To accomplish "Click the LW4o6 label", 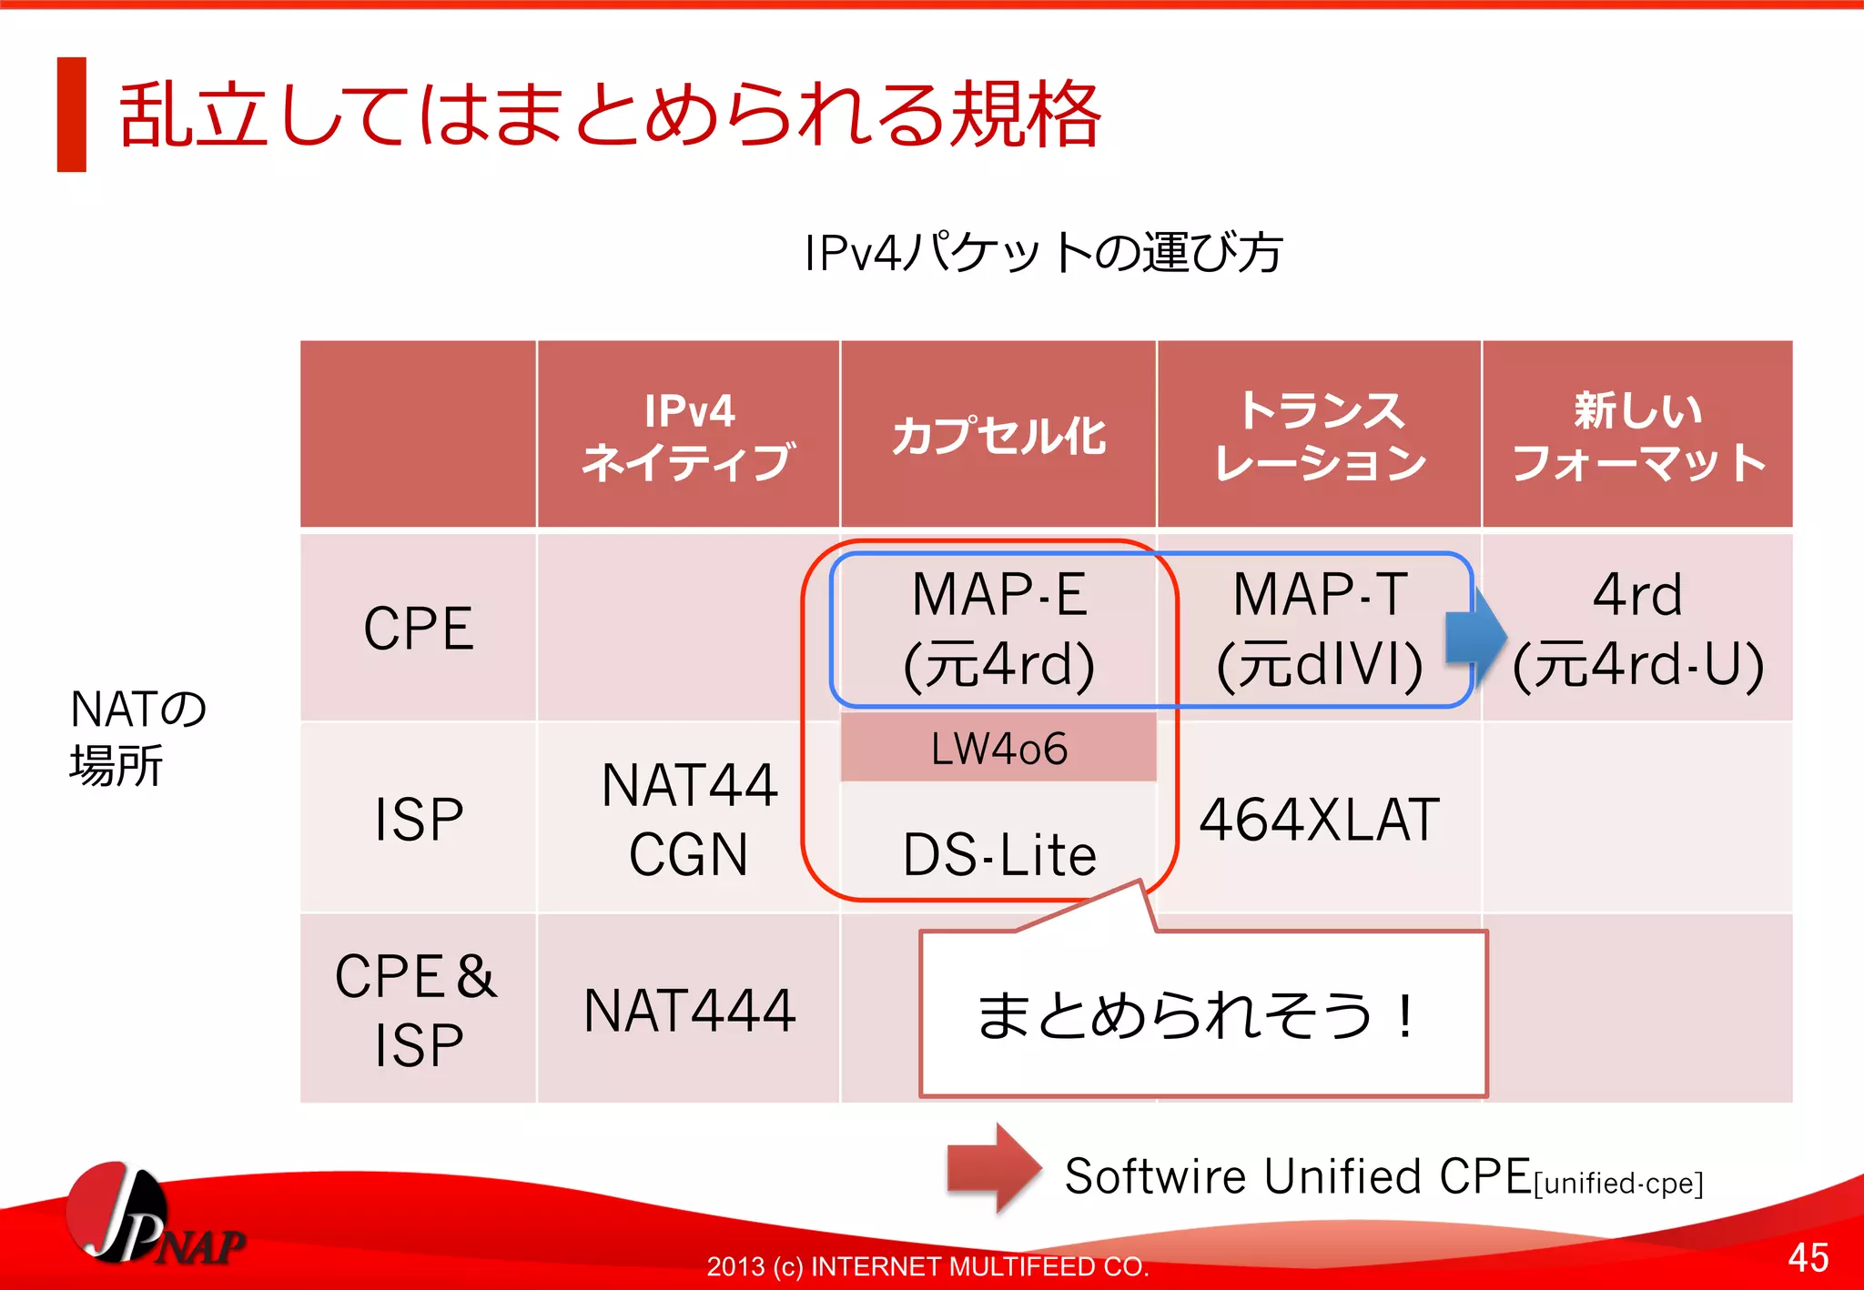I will (998, 749).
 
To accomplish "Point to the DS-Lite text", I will (998, 855).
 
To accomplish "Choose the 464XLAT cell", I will (1320, 819).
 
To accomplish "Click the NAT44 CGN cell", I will (689, 819).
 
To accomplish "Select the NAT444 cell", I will (689, 1010).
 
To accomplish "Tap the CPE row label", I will (419, 628).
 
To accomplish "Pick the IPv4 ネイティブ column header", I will (689, 436).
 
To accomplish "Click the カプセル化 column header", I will (998, 436).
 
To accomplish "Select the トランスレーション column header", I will (1320, 436).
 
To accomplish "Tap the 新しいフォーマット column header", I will (1638, 436).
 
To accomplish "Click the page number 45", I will (1808, 1257).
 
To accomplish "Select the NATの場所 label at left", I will (137, 737).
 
